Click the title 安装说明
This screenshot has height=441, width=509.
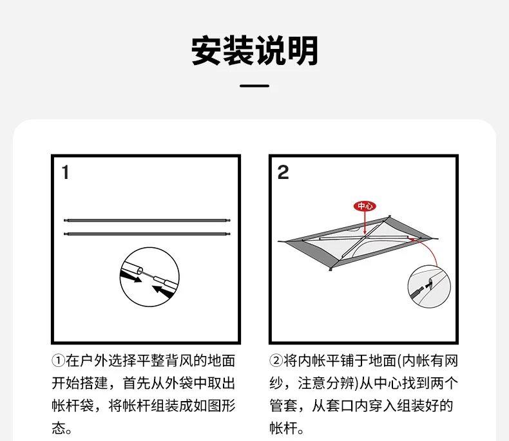click(x=254, y=51)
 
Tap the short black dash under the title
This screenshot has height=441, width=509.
click(x=254, y=86)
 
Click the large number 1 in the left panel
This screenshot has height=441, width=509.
click(x=65, y=172)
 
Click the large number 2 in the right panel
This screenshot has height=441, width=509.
click(x=283, y=172)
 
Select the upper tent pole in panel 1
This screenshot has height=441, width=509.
click(x=147, y=220)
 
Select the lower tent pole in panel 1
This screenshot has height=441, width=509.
click(x=147, y=234)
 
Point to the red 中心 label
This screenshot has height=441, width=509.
click(x=365, y=206)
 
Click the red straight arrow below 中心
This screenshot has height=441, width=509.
click(x=365, y=223)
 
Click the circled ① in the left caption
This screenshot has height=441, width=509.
click(x=59, y=361)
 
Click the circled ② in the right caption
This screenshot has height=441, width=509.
click(x=276, y=361)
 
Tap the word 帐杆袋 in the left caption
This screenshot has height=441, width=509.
click(x=73, y=406)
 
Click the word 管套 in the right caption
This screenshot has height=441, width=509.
click(x=283, y=406)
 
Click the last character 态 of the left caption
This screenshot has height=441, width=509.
click(x=59, y=428)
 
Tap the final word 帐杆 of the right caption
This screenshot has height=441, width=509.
click(x=283, y=428)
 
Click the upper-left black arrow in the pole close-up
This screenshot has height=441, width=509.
click(x=131, y=277)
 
